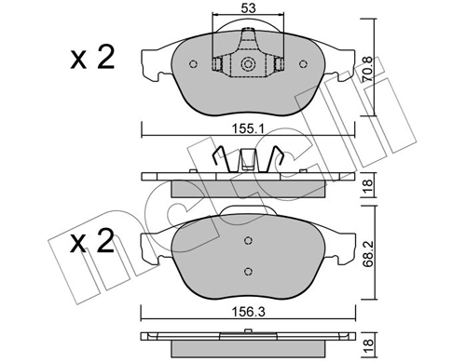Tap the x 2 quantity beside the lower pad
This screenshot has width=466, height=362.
click(x=93, y=245)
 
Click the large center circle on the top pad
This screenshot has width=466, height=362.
click(x=249, y=65)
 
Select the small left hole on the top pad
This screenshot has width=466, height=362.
click(x=193, y=65)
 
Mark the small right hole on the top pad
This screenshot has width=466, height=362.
click(x=305, y=65)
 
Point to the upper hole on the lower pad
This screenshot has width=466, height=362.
click(x=248, y=241)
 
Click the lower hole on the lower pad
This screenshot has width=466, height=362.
click(x=248, y=271)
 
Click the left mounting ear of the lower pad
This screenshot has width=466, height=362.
click(x=151, y=244)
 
